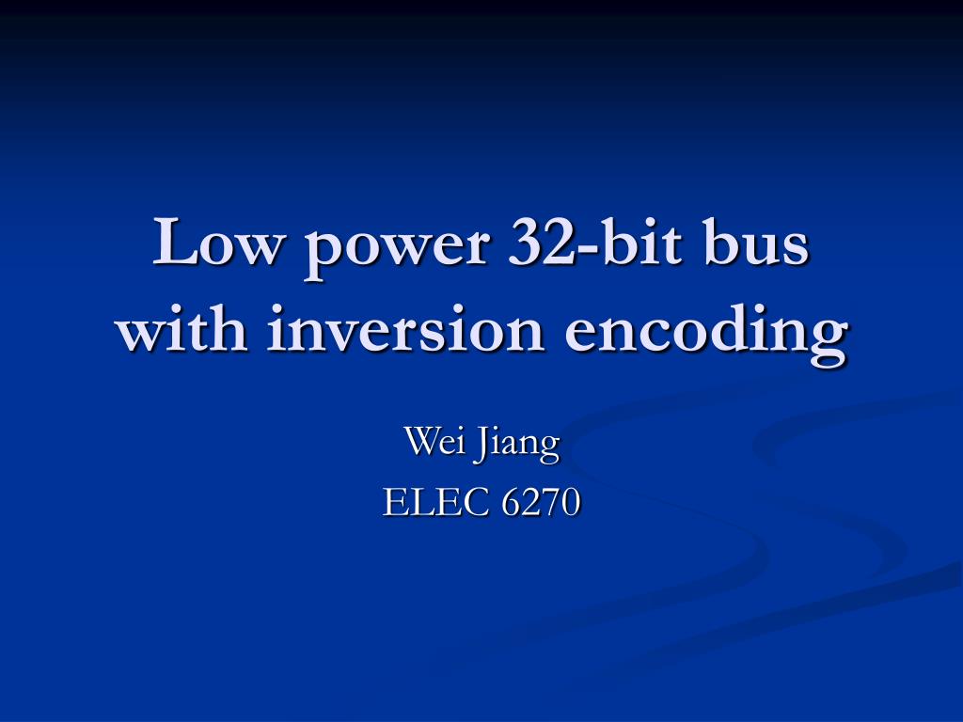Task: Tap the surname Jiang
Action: (x=517, y=444)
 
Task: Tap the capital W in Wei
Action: (x=421, y=440)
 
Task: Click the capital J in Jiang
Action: (x=481, y=442)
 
